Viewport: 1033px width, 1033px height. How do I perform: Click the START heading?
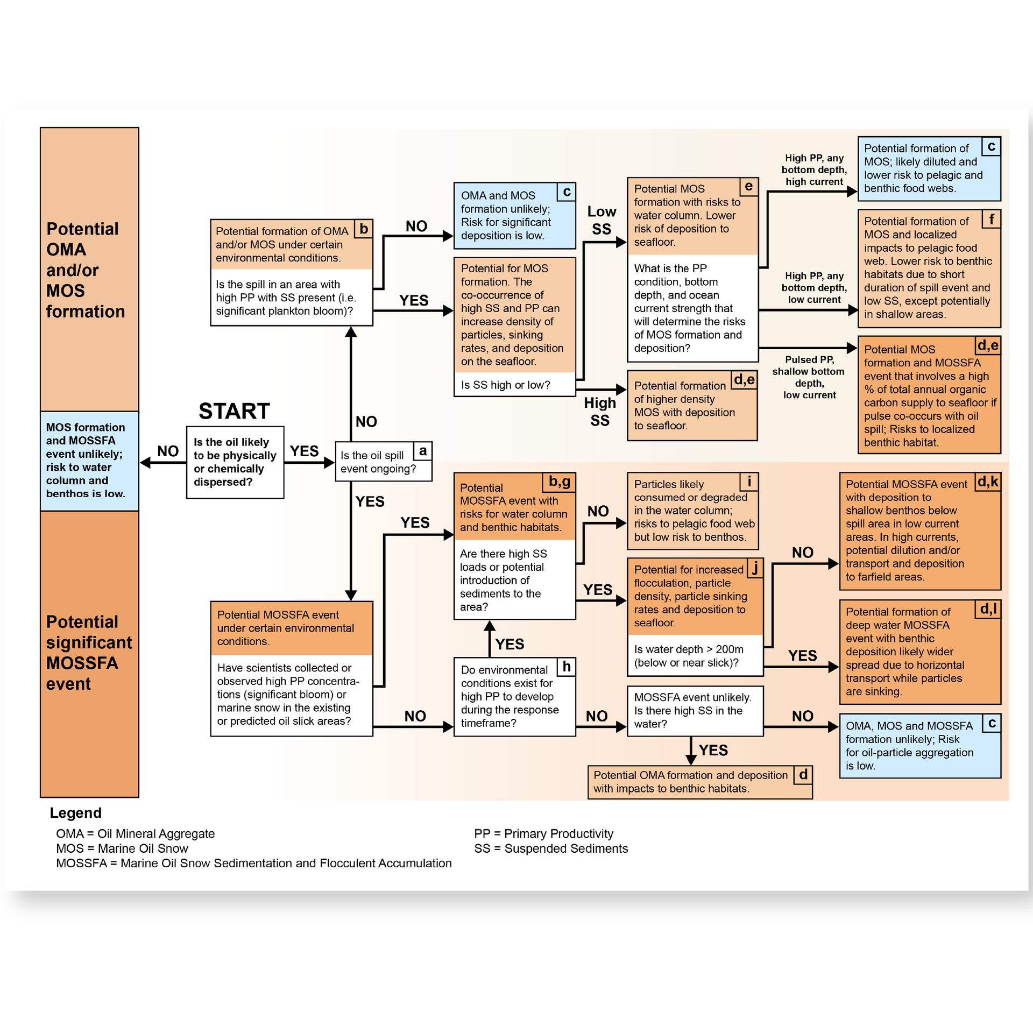234,411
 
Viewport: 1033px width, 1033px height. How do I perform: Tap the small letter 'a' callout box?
423,451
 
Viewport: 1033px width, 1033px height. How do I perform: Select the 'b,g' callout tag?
560,482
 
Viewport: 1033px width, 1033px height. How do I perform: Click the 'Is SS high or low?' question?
505,385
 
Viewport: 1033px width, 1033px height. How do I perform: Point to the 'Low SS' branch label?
601,220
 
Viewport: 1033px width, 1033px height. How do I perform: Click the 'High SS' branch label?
600,412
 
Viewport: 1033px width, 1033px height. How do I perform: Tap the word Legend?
75,813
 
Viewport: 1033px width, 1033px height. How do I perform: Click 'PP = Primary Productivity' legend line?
543,833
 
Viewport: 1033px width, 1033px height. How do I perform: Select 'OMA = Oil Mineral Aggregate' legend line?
135,833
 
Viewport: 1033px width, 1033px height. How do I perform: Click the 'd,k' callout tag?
988,482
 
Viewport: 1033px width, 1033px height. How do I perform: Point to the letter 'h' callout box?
567,667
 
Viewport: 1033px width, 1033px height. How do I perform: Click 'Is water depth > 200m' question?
689,656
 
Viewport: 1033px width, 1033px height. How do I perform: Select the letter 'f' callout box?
991,219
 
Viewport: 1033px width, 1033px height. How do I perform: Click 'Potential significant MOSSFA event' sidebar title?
89,653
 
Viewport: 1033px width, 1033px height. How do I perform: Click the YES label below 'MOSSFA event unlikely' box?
713,750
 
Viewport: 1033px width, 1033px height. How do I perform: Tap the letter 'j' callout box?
755,568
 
